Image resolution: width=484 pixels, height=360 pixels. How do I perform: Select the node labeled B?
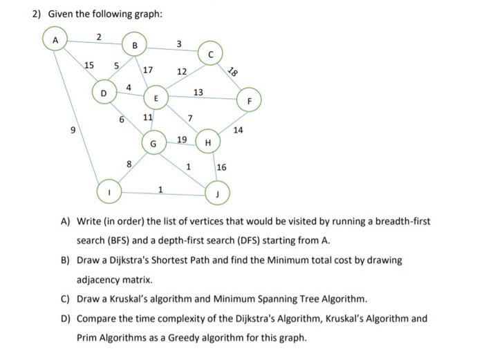[135, 46]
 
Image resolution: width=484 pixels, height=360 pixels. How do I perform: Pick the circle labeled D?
[104, 92]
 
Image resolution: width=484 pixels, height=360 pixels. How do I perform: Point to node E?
[156, 100]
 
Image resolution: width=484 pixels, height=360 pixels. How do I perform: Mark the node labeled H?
[207, 143]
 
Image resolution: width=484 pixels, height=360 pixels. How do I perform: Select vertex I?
[107, 189]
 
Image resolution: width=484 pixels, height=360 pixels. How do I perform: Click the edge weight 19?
[182, 139]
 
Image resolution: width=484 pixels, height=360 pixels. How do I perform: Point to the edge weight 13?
[198, 93]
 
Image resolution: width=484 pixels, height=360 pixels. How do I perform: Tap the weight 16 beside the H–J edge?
[222, 167]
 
